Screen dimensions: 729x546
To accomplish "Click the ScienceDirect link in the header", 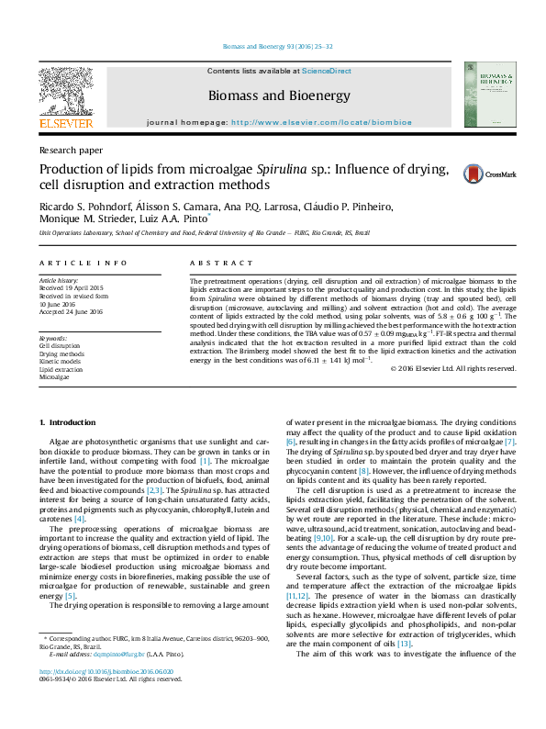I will [x=328, y=71].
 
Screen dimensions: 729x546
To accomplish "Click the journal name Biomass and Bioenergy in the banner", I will [x=279, y=95].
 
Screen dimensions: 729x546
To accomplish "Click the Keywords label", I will [x=53, y=339].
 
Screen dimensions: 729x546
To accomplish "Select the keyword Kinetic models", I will [x=61, y=362].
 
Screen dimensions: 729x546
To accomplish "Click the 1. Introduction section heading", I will [x=69, y=422].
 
